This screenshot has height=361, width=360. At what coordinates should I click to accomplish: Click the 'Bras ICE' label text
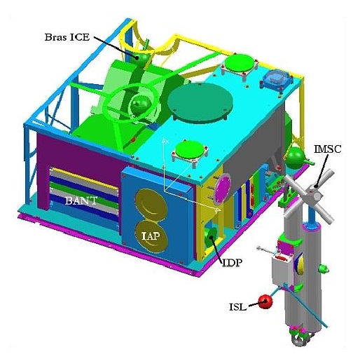[67, 37]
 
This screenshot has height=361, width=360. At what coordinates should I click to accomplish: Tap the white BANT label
[81, 200]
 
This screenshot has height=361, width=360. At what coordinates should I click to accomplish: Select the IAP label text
[151, 236]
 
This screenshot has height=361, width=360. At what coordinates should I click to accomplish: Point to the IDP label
[231, 263]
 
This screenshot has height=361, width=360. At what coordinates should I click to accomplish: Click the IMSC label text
[328, 149]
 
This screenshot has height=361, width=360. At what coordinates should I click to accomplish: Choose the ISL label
[237, 307]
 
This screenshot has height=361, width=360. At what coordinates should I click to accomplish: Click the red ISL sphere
[265, 301]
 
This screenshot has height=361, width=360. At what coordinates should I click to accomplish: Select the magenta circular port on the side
[223, 188]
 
